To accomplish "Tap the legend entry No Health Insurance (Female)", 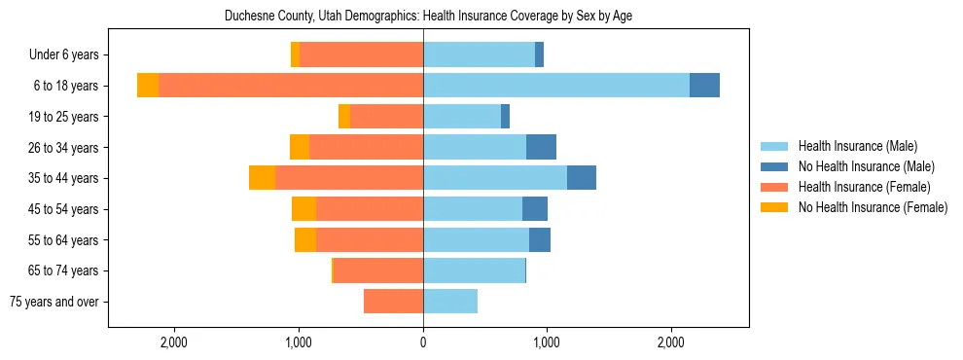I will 873,207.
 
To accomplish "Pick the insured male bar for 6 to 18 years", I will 556,86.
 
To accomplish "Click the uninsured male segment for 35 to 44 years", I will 582,178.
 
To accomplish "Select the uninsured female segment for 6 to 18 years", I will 148,86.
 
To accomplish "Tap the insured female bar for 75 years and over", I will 393,302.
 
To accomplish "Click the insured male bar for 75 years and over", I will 450,302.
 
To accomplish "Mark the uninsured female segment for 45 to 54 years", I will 303,209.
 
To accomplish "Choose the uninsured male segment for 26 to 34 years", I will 541,147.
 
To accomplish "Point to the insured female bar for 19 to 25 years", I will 386,117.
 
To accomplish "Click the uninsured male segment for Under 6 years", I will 539,55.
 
